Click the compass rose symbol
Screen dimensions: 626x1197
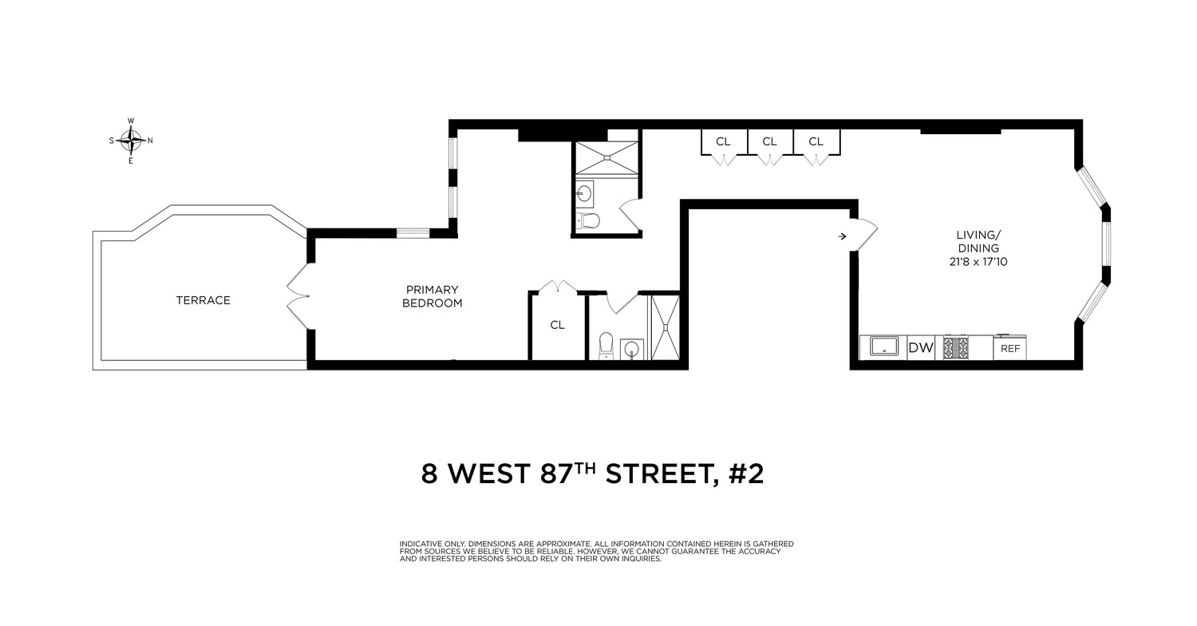tap(132, 141)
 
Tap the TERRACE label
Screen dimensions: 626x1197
tap(203, 300)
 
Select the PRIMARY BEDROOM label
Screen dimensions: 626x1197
tap(432, 296)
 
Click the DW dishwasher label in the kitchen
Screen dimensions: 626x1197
tap(920, 347)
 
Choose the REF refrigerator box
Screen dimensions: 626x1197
tap(1009, 348)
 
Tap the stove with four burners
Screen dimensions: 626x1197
tap(956, 347)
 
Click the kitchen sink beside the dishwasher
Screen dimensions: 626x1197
tap(883, 347)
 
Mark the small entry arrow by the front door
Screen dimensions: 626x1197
tap(843, 236)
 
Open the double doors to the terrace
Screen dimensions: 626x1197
tap(298, 296)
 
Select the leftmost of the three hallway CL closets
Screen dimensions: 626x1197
tap(723, 142)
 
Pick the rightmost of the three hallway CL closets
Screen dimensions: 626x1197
tap(816, 142)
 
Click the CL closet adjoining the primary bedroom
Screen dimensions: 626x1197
tap(557, 325)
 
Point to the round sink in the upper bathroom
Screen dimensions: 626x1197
tap(584, 192)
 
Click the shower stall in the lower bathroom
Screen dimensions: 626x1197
tap(665, 327)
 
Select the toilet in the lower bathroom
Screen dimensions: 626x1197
tap(605, 344)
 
